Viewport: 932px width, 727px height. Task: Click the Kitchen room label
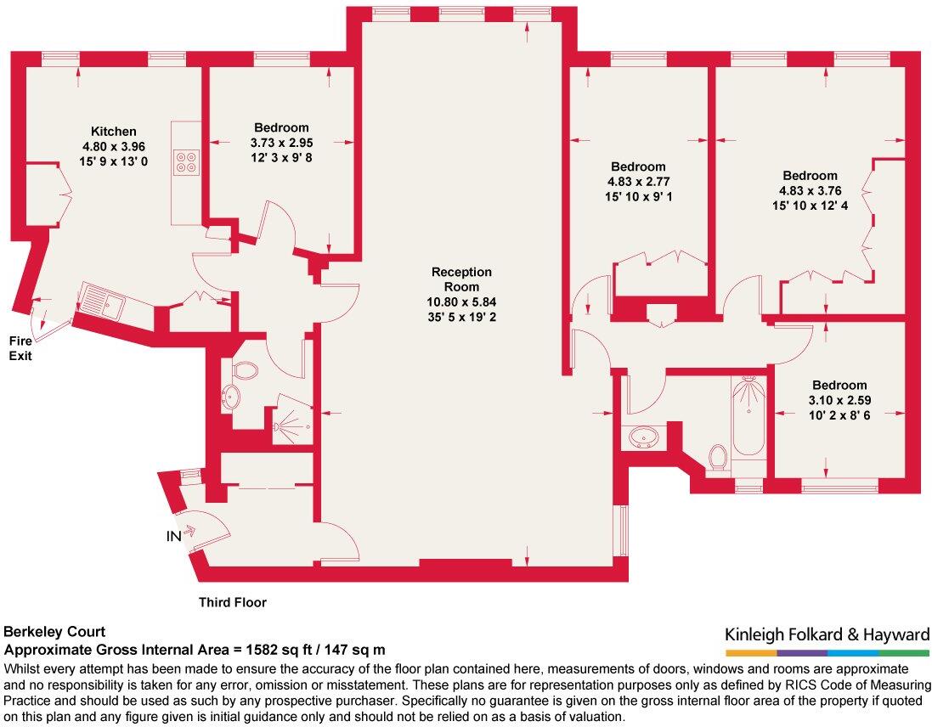pyautogui.click(x=114, y=132)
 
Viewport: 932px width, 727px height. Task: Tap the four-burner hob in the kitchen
pyautogui.click(x=186, y=162)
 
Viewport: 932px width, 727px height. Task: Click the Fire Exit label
pyautogui.click(x=20, y=348)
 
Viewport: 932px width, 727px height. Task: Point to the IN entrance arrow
pyautogui.click(x=189, y=532)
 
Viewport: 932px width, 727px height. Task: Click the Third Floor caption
pyautogui.click(x=233, y=602)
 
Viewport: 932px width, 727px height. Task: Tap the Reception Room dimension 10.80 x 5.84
pyautogui.click(x=462, y=302)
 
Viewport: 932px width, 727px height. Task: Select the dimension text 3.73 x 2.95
pyautogui.click(x=282, y=143)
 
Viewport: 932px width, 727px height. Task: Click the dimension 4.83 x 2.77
pyautogui.click(x=638, y=182)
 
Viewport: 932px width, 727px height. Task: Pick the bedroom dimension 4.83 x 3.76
pyautogui.click(x=811, y=190)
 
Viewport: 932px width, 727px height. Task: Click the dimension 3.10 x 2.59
pyautogui.click(x=839, y=400)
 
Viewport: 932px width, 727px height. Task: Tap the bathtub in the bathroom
pyautogui.click(x=748, y=418)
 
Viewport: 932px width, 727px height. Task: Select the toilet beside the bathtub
pyautogui.click(x=719, y=457)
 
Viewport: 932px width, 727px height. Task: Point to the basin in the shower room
pyautogui.click(x=230, y=396)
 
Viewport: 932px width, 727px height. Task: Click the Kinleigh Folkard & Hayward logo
pyautogui.click(x=827, y=640)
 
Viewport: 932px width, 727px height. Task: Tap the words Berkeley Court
pyautogui.click(x=54, y=631)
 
